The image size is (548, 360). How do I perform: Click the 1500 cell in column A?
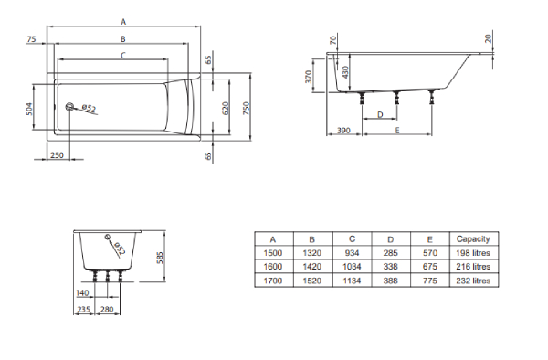pos(272,253)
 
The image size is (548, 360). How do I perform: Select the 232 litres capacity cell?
pos(473,281)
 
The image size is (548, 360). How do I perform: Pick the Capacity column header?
pos(473,238)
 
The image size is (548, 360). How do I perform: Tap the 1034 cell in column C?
pos(352,266)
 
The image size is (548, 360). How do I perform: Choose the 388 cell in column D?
pos(390,281)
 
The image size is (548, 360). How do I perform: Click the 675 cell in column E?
pos(430,266)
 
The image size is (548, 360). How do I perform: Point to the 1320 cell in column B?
pos(312,253)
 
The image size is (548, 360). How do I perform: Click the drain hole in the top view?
pos(69,107)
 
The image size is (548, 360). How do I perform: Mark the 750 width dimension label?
pos(246,109)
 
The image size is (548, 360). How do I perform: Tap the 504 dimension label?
pos(29,109)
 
